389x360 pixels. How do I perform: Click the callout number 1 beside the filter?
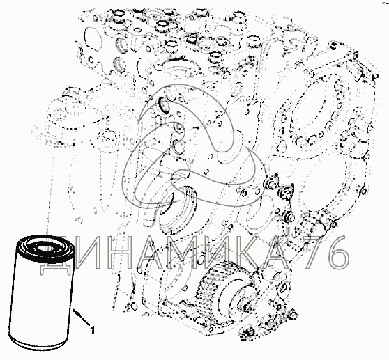[92, 331]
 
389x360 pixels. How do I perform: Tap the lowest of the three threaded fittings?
[288, 217]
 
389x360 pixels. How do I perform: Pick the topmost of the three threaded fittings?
[273, 183]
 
